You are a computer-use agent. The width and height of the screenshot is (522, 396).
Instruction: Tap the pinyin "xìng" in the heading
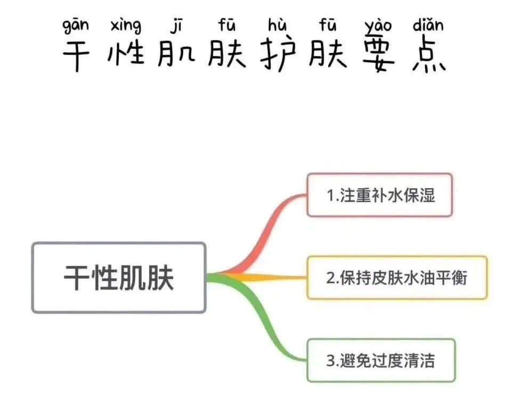tap(126, 26)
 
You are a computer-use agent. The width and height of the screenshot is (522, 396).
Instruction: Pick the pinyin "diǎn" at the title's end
tap(428, 25)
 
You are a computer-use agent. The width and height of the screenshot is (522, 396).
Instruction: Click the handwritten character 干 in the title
tap(76, 55)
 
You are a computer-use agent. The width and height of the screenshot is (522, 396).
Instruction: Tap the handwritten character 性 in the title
tap(126, 55)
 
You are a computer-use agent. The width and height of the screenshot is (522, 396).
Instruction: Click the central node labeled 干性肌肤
tap(119, 278)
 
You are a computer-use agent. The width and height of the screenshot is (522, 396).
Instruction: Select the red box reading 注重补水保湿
tap(380, 195)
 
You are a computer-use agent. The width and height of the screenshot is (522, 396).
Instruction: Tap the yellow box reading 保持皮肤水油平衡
tap(397, 278)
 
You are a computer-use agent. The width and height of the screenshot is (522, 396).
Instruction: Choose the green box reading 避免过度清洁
tap(381, 361)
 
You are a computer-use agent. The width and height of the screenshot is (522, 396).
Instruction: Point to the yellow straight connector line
tap(266, 278)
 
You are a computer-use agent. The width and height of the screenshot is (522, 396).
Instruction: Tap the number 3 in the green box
tap(330, 361)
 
